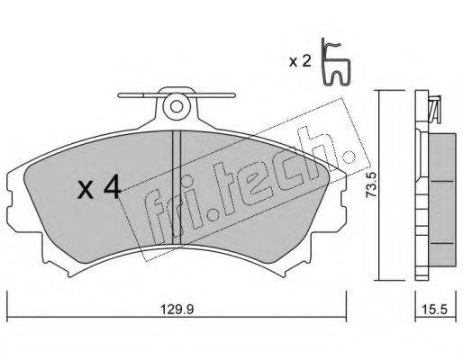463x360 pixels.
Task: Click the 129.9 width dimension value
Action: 177,310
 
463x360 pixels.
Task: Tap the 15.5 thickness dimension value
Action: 436,310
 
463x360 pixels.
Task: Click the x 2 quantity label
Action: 300,61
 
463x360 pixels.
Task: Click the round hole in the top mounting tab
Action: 177,106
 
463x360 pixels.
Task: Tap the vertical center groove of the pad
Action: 177,187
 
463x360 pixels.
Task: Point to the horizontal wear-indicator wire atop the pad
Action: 177,95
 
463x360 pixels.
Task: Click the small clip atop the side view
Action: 434,109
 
